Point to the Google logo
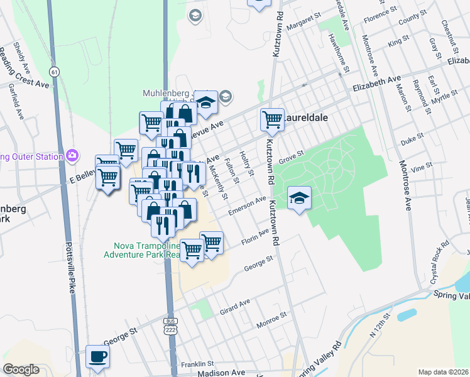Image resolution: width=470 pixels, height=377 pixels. (x=21, y=369)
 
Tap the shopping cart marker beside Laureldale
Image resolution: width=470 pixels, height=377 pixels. (x=272, y=119)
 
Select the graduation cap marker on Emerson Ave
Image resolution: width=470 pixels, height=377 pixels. (x=300, y=199)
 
